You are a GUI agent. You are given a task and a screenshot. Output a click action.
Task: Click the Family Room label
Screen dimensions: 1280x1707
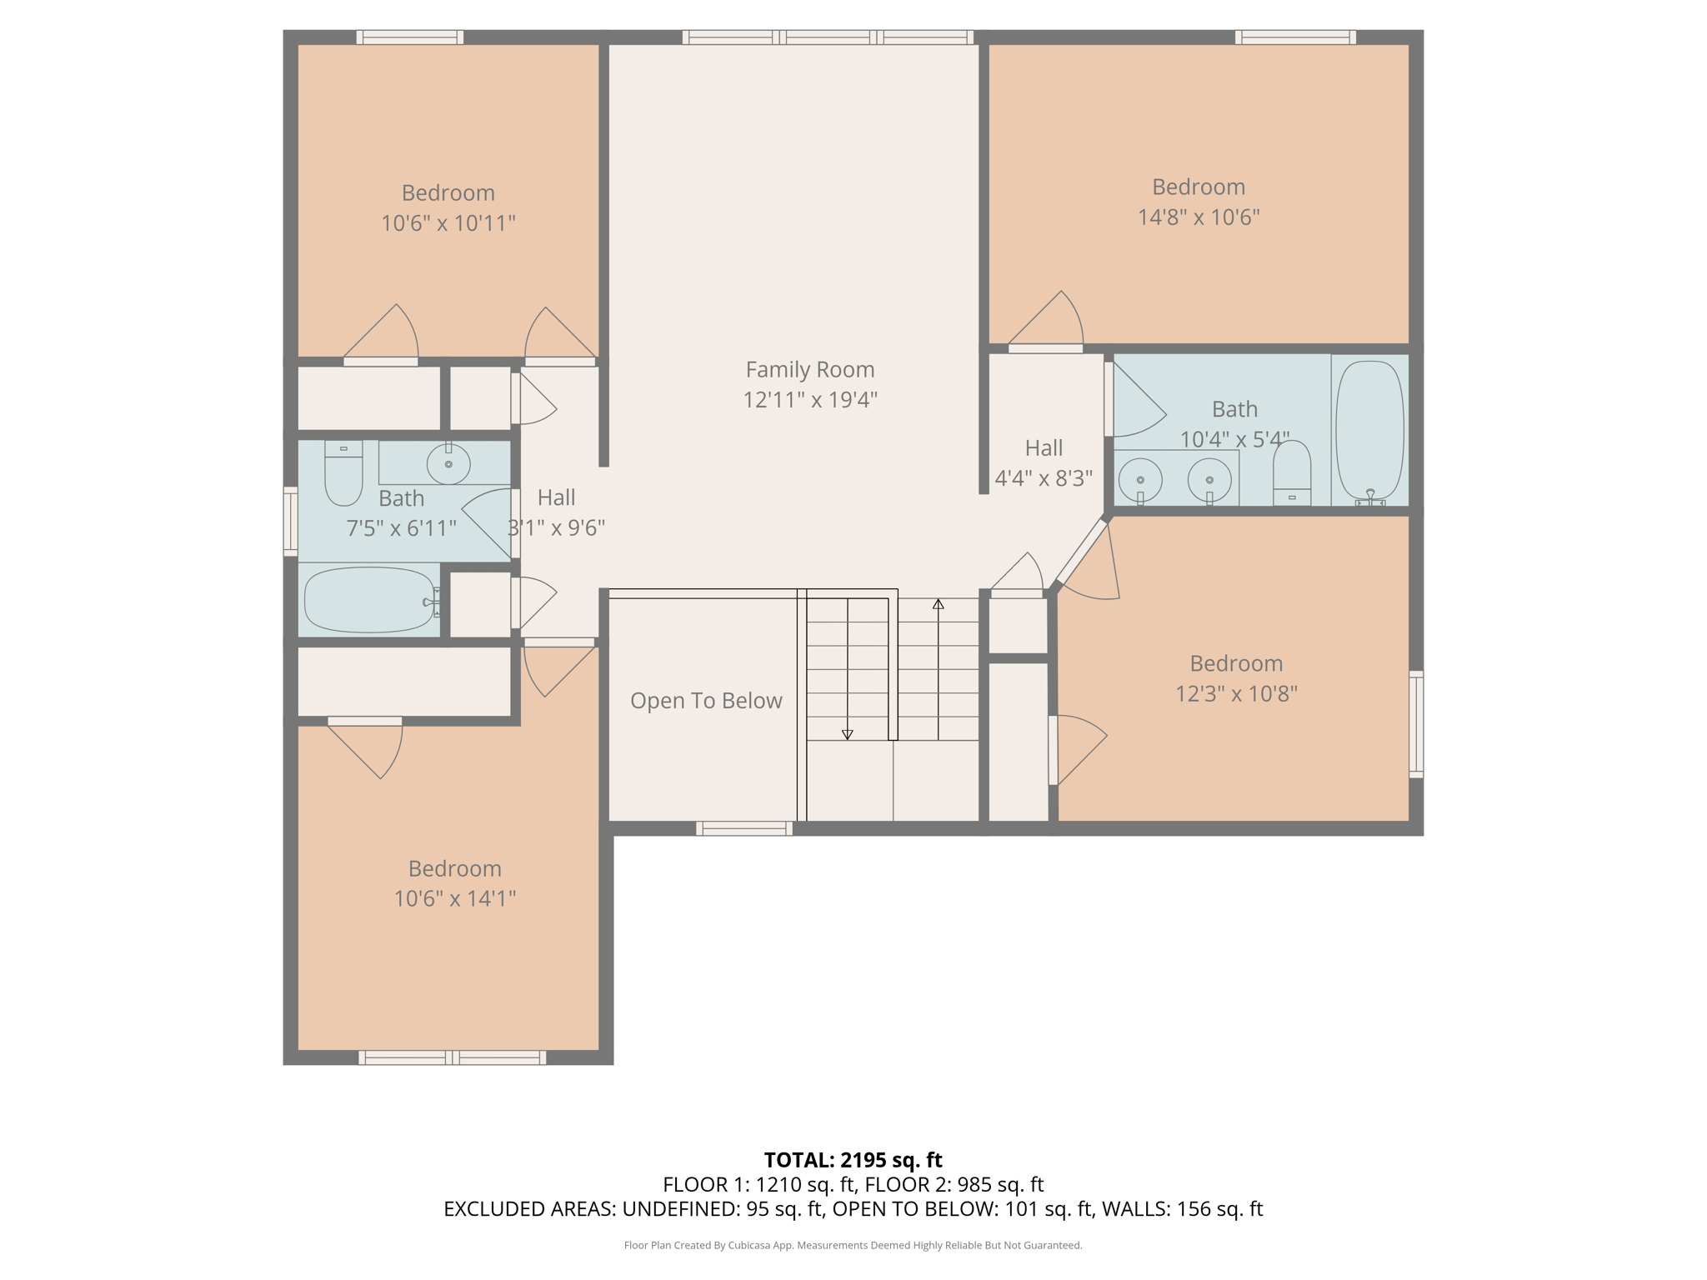[x=809, y=369]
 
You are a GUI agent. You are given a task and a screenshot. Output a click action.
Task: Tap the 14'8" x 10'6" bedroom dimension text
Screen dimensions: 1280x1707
[x=1198, y=217]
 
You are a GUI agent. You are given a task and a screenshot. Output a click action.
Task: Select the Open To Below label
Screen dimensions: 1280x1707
[x=706, y=701]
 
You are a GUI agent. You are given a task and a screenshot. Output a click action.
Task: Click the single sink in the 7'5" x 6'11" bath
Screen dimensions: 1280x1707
[x=448, y=463]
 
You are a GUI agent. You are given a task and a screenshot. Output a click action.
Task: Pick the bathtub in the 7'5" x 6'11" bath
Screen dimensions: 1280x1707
[x=368, y=600]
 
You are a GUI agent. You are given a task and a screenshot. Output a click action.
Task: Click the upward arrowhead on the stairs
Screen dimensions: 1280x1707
[x=939, y=604]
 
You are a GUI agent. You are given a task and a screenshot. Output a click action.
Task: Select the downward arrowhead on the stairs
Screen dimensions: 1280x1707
[x=847, y=734]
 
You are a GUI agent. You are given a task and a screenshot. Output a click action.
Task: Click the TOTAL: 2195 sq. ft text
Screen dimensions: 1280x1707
[x=853, y=1160]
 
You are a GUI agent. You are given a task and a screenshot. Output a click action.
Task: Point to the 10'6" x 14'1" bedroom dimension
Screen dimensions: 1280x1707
[x=454, y=898]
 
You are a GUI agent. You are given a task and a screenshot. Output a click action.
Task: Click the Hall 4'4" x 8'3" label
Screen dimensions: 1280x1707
[x=1044, y=463]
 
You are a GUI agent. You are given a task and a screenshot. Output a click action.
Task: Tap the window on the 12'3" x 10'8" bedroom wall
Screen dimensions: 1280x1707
[x=1415, y=723]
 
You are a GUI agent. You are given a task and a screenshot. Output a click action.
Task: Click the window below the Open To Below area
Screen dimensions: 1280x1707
[x=744, y=827]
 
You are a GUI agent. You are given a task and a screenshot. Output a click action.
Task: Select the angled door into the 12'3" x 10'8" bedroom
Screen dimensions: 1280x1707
[x=1082, y=551]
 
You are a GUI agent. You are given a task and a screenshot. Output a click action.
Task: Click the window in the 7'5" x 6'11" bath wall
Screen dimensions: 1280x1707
[x=291, y=521]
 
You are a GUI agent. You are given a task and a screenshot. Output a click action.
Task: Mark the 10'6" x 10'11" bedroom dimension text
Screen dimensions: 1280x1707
[x=448, y=223]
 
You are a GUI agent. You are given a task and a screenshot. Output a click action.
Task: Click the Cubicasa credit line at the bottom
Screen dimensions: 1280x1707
[x=853, y=1245]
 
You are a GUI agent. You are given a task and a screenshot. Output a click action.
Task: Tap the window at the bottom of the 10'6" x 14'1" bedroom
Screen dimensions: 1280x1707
[x=453, y=1057]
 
